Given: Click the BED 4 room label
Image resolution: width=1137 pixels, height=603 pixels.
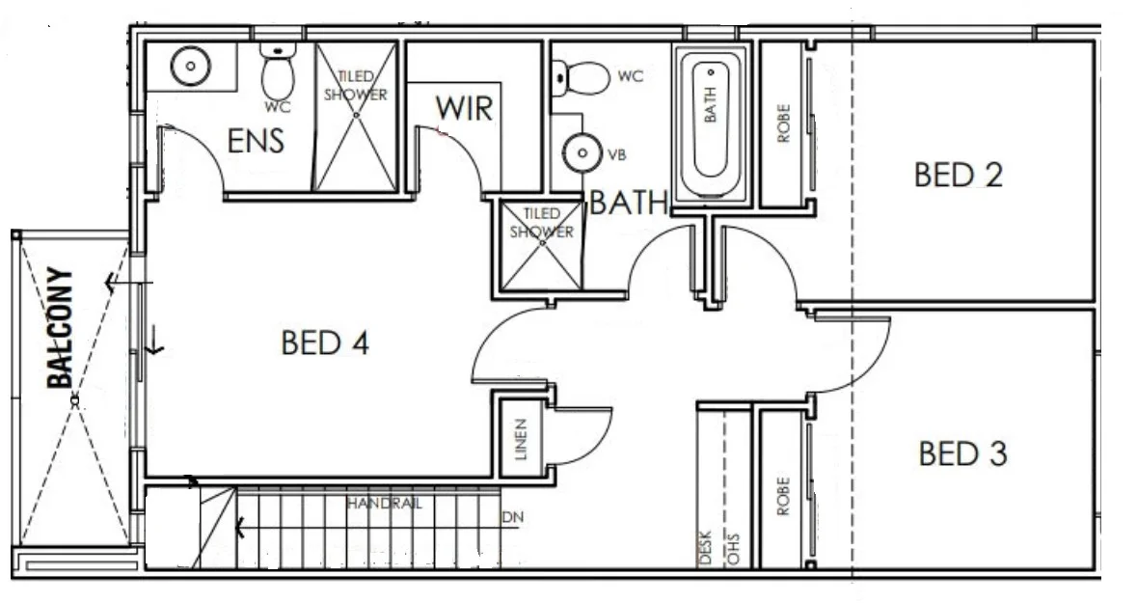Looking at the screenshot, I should [x=325, y=343].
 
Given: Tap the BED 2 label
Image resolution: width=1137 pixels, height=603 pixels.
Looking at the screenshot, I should [x=958, y=176].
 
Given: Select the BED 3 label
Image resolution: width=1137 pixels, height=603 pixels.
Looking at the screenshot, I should [x=962, y=452].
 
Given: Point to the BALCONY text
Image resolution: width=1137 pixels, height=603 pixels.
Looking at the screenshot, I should [x=61, y=327].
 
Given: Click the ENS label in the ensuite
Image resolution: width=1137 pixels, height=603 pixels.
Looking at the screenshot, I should [x=256, y=142].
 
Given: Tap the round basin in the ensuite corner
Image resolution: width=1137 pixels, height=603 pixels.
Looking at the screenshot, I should [x=190, y=67].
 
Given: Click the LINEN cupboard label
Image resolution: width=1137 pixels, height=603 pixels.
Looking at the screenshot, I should [x=520, y=439].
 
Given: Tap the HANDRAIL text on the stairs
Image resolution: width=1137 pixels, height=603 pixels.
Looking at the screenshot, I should [x=382, y=504].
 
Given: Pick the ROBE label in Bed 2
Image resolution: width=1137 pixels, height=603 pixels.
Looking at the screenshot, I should [x=783, y=123].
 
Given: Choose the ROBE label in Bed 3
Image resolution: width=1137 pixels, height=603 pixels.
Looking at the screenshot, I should [x=783, y=495].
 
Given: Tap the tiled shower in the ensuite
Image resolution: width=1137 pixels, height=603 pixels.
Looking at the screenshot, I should [x=355, y=116].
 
